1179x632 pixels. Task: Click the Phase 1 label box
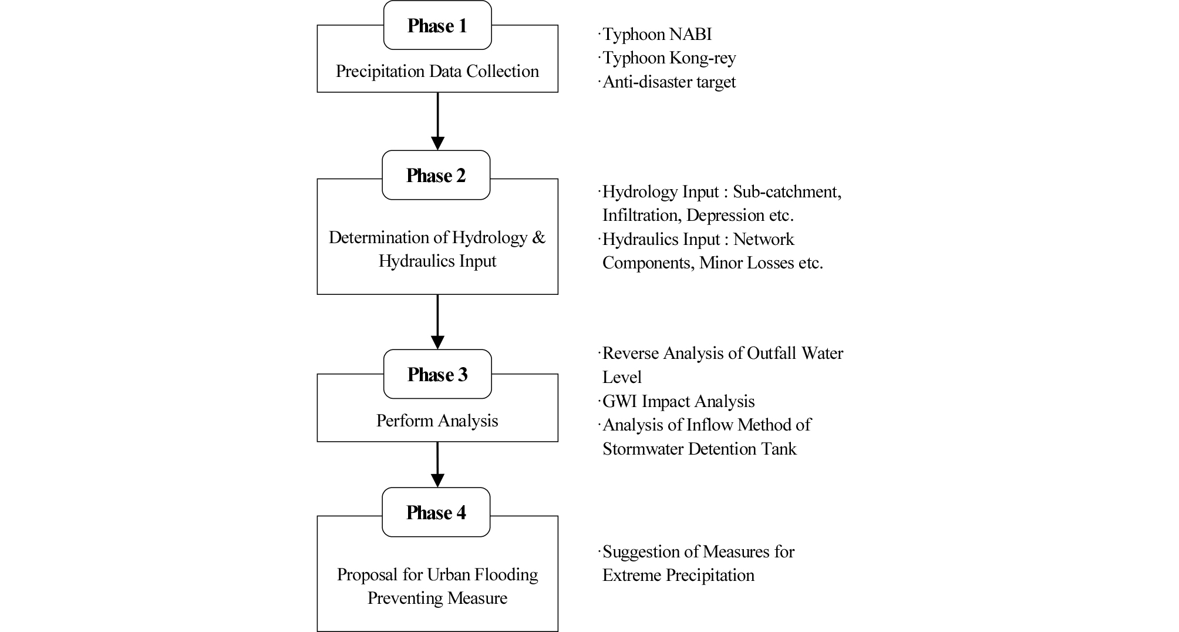(x=437, y=25)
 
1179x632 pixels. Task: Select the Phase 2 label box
(x=436, y=175)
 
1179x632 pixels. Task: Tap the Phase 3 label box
(x=437, y=374)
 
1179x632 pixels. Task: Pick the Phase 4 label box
(x=436, y=512)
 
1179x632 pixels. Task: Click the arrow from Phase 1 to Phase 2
(x=437, y=121)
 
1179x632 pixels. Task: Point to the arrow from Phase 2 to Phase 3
(x=437, y=322)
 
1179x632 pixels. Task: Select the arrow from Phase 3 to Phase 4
(x=437, y=465)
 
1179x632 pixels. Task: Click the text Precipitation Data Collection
(x=437, y=71)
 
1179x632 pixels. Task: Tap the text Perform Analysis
(x=437, y=421)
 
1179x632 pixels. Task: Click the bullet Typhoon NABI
(x=655, y=34)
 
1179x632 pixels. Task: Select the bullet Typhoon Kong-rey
(x=667, y=58)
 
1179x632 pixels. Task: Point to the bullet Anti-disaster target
(x=667, y=81)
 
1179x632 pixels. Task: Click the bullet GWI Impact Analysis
(x=676, y=401)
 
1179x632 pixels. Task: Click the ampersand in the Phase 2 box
(x=538, y=237)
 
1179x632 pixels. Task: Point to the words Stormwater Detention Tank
(x=699, y=449)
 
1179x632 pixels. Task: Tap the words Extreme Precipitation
(x=678, y=575)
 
